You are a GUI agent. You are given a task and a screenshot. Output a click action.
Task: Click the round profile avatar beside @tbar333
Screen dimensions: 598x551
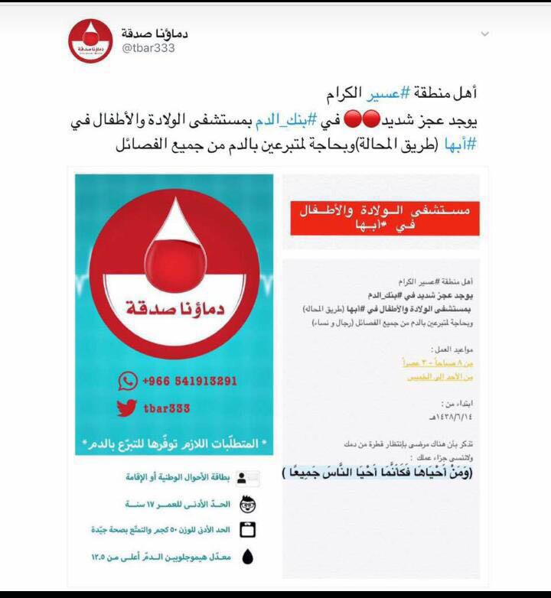[91, 41]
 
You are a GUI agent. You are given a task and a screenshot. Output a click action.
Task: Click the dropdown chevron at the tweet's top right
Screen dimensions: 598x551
[484, 34]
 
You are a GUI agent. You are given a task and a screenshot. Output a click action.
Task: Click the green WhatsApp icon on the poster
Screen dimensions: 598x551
[126, 381]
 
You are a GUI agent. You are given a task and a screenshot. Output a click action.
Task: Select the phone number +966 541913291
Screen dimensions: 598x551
[190, 381]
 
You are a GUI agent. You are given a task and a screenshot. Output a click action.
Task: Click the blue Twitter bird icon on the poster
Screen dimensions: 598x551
[126, 408]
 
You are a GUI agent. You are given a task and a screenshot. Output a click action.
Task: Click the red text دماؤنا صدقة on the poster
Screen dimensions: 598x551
[173, 310]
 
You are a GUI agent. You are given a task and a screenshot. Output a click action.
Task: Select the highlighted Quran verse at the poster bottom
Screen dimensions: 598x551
[377, 472]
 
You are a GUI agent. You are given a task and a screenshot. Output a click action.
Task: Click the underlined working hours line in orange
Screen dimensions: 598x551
[438, 362]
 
